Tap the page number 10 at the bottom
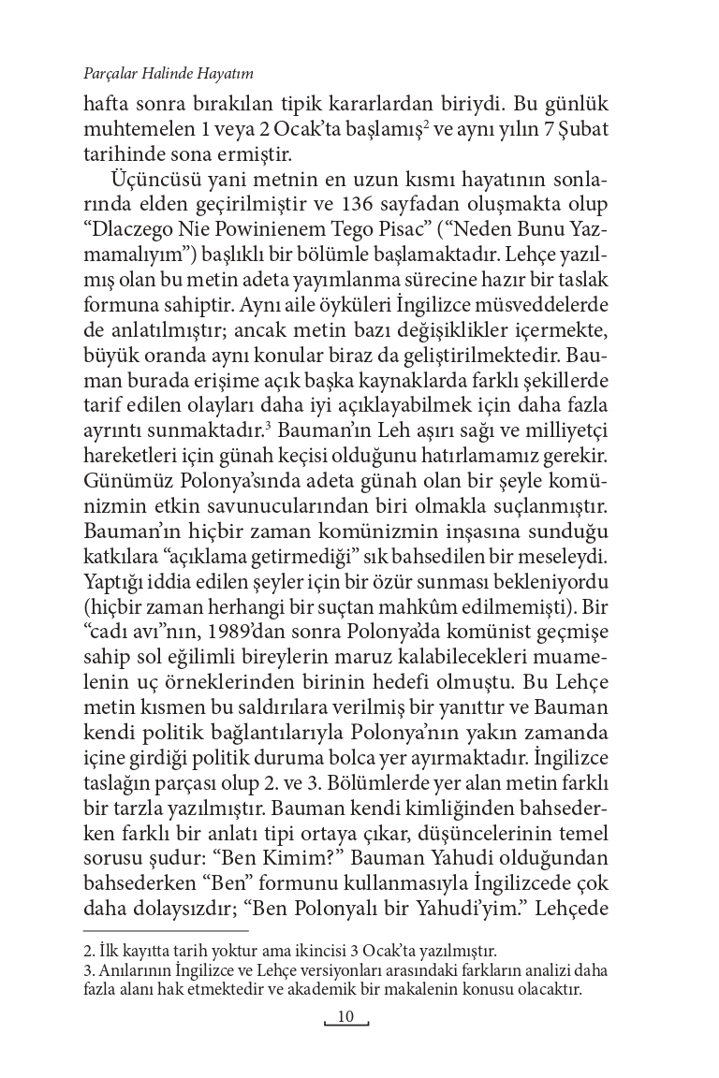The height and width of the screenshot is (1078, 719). (346, 1017)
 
